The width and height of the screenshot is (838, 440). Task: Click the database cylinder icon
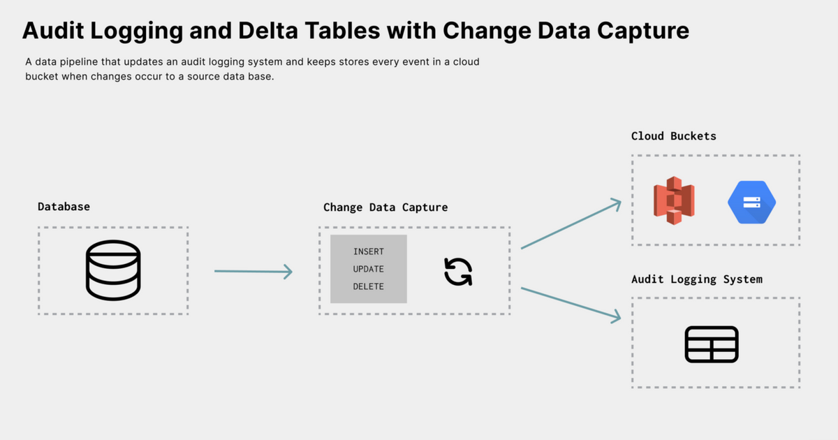113,270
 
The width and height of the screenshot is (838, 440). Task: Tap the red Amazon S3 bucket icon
674,200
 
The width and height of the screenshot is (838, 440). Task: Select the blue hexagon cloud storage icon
751,202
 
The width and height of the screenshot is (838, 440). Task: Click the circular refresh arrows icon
458,272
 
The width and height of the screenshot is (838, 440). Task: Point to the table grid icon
712,344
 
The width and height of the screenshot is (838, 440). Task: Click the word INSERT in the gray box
369,251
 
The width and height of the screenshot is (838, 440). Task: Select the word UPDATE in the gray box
369,269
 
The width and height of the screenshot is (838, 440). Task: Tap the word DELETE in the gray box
369,286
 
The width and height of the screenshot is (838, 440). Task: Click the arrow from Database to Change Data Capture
253,271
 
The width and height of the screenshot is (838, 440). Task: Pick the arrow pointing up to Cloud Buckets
571,223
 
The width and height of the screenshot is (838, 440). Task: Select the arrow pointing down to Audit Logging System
571,303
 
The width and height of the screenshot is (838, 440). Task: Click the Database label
64,207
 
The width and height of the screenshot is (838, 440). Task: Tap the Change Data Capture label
385,207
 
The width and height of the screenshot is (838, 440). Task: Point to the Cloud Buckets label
673,135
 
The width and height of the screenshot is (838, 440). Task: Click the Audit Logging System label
697,279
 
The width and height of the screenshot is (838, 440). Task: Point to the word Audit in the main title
53,30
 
